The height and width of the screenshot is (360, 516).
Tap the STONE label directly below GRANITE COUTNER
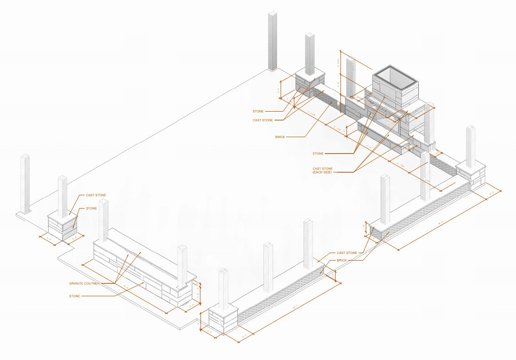pos(75,296)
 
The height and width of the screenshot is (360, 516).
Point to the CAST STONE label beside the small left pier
pos(96,195)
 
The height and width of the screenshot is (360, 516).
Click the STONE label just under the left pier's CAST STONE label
pos(91,208)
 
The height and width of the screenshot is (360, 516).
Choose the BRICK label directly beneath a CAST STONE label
pos(341,260)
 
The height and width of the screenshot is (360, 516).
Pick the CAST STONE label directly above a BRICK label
pos(347,253)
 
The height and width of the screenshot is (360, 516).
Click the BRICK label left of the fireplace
pos(280,137)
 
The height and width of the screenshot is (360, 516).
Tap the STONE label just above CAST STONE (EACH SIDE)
pos(318,154)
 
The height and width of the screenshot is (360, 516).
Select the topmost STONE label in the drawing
pos(258,111)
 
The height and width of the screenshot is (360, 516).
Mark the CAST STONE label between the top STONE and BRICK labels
pos(262,120)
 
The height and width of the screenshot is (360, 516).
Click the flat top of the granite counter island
pos(140,250)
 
